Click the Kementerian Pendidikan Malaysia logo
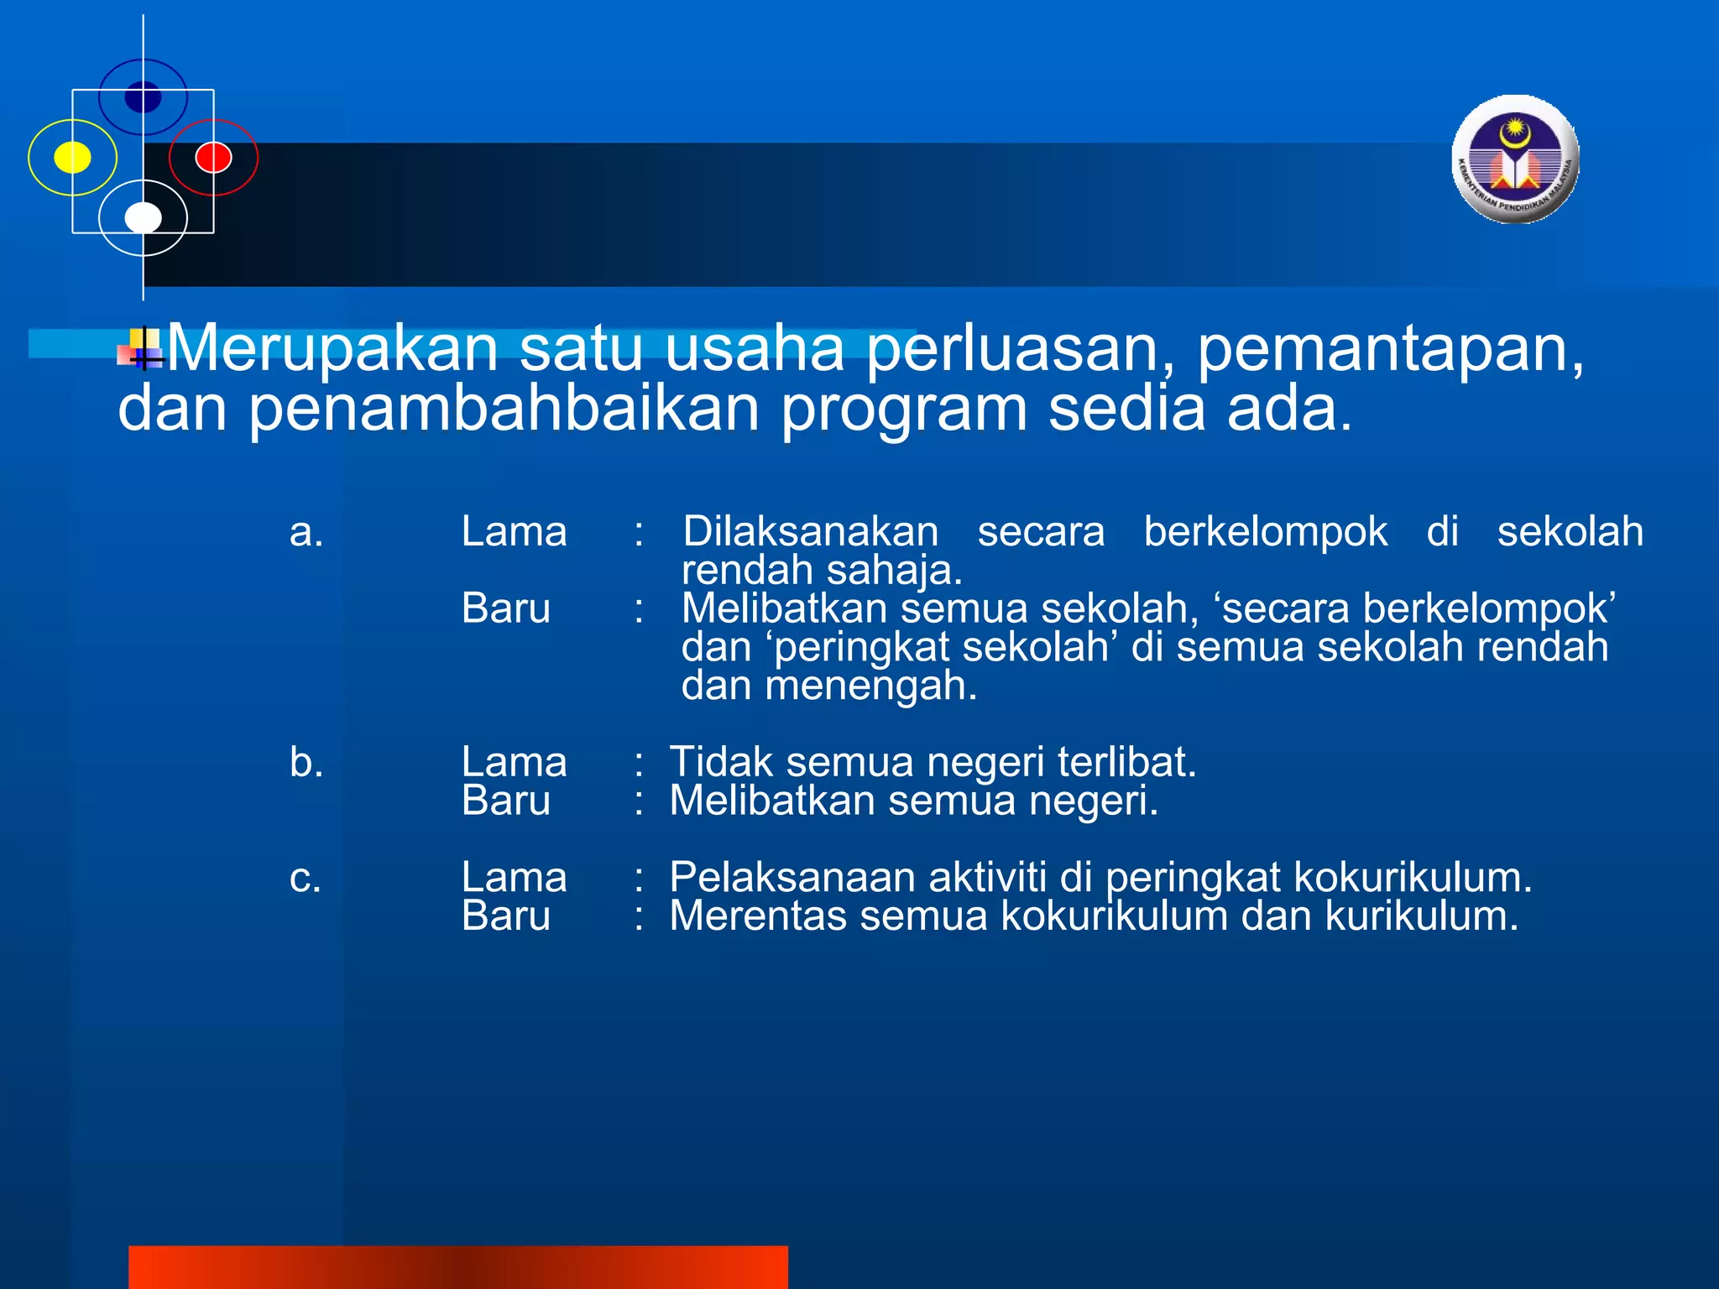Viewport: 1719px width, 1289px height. click(x=1515, y=159)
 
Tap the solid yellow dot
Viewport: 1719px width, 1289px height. click(x=73, y=157)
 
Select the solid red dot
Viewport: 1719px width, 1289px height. click(x=213, y=157)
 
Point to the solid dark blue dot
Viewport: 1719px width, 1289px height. click(x=143, y=97)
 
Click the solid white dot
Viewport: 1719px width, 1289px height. click(x=143, y=217)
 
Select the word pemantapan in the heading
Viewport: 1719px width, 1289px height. click(x=1389, y=349)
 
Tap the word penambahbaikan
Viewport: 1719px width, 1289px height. click(x=504, y=410)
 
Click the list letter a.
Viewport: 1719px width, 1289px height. click(x=306, y=532)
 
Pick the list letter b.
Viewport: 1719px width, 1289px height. click(x=306, y=762)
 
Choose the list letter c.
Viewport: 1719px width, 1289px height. click(x=306, y=878)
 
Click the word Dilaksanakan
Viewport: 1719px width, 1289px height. click(x=810, y=532)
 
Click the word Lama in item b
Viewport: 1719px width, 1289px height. click(x=514, y=762)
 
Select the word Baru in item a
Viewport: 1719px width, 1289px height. click(x=505, y=608)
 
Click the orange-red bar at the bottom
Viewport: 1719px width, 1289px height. click(x=457, y=1266)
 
